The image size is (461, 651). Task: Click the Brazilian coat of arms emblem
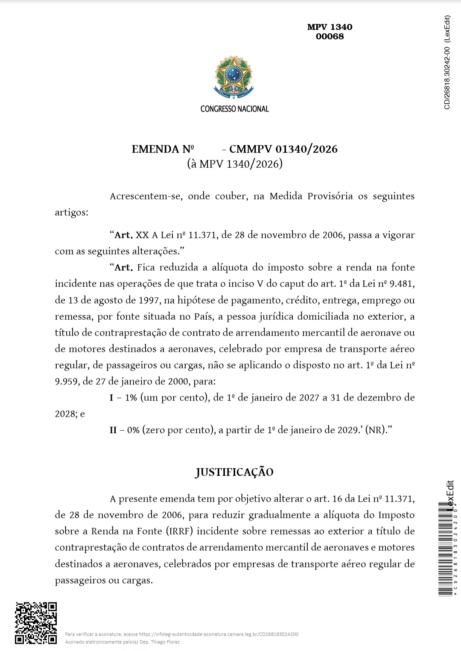pos(233,77)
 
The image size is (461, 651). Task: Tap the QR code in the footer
pos(36,623)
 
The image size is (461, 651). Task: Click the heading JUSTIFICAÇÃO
pos(234,472)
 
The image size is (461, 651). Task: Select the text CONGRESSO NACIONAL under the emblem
pos(234,109)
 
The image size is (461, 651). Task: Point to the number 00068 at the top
pos(330,36)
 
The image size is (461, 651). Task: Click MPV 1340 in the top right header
pos(330,27)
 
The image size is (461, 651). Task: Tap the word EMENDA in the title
pos(156,149)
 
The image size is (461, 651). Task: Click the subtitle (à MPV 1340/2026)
pos(234,164)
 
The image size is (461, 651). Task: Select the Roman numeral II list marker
pos(113,430)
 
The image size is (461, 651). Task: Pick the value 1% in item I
pos(131,398)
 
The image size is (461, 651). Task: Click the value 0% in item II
pos(134,430)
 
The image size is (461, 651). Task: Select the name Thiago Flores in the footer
pos(167,642)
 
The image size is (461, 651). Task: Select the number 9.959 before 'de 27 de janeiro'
pos(67,381)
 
